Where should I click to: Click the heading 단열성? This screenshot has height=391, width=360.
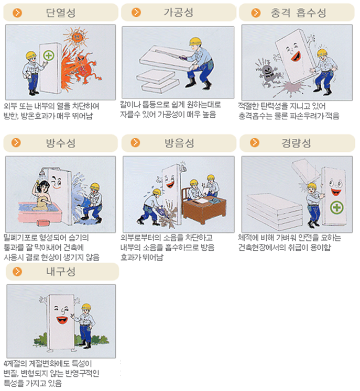coord(61,13)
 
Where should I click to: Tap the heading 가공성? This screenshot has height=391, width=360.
coord(179,12)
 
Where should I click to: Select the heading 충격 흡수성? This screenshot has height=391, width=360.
coord(298,13)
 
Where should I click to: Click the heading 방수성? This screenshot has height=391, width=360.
coord(61,143)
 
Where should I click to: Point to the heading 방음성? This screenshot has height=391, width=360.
coord(179,143)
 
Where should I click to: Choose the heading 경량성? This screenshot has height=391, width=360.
coord(297,143)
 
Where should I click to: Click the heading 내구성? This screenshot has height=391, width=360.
coord(61,271)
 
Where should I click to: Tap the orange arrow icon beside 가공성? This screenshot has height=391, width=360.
coord(136,12)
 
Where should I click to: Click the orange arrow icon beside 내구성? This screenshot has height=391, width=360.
coord(17,271)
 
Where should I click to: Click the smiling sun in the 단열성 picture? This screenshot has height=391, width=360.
coord(75,37)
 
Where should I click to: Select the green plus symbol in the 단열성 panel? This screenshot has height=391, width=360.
coord(48,55)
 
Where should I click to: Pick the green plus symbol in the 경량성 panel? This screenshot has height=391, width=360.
coord(336,207)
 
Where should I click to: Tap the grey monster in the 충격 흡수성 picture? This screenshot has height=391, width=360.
coord(268,73)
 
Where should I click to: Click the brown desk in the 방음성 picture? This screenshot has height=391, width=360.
coord(205,209)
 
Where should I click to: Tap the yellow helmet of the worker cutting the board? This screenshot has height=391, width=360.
coord(195,41)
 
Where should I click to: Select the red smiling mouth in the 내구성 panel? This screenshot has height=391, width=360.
coord(62,320)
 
